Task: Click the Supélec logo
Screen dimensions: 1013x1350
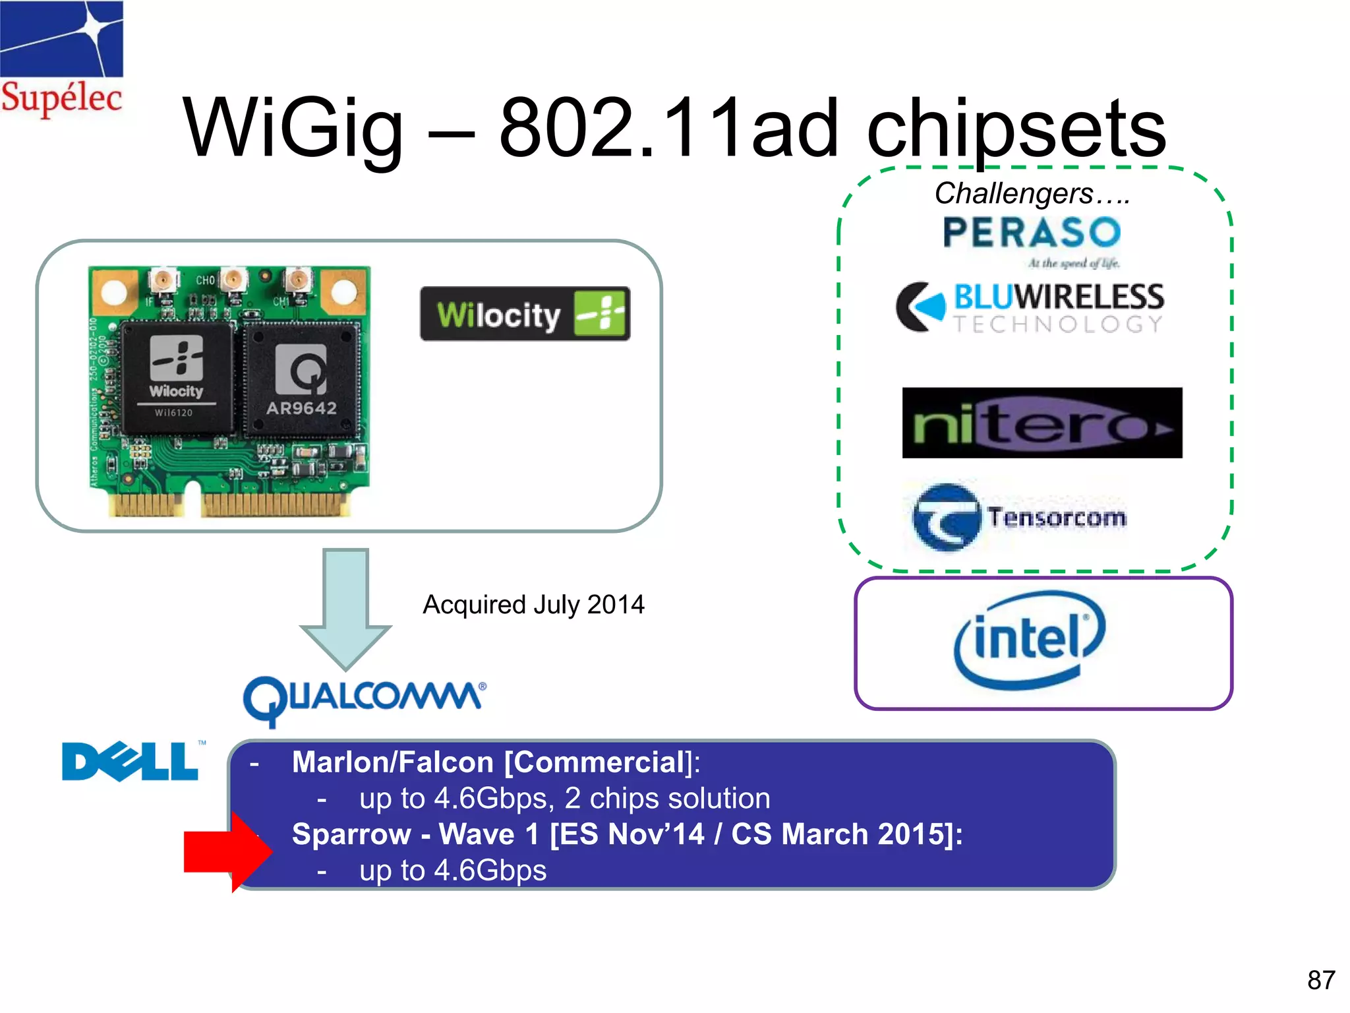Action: (61, 59)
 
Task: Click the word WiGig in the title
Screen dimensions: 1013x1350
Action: (293, 129)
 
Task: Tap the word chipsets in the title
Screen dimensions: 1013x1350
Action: (1016, 129)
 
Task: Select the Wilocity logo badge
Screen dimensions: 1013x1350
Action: (525, 314)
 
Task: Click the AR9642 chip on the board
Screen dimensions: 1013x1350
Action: (302, 381)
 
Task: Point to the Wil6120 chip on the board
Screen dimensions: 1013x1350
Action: (176, 379)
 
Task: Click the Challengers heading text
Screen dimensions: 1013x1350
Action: (1032, 193)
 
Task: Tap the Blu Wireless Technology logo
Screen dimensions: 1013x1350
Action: (1030, 308)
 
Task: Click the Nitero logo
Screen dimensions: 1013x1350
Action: (1042, 423)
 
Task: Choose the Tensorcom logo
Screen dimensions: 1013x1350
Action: (1019, 518)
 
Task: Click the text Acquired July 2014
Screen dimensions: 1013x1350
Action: (533, 605)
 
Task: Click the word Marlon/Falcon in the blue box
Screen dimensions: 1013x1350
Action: (392, 762)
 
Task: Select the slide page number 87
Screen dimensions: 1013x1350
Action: (1320, 980)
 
